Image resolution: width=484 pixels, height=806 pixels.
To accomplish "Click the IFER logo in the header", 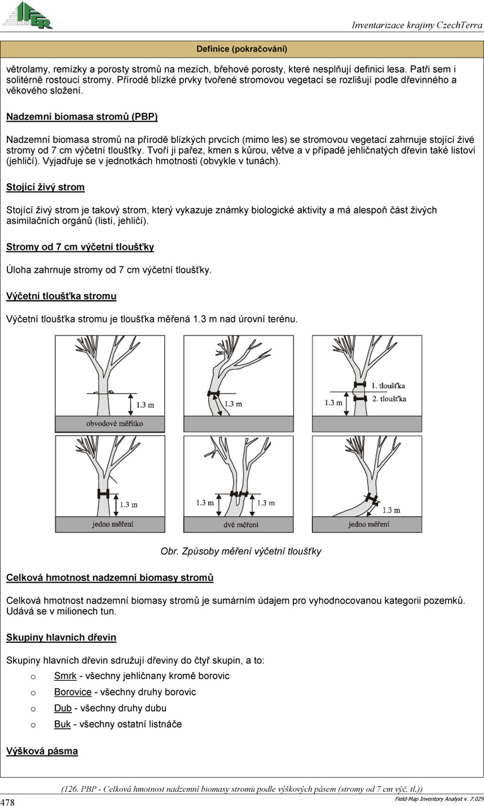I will (x=28, y=15).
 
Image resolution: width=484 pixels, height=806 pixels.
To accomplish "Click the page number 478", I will (x=8, y=801).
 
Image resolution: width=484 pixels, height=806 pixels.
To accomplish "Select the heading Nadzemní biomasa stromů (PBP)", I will (x=82, y=117).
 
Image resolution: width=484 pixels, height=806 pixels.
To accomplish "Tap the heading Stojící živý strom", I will (x=45, y=187).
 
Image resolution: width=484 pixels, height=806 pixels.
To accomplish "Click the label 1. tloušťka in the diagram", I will (x=389, y=385).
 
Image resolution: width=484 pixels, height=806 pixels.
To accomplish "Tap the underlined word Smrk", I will (x=65, y=676).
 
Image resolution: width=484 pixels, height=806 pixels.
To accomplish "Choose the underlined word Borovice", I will (x=72, y=692).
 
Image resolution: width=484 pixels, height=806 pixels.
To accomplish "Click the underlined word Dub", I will (x=63, y=708).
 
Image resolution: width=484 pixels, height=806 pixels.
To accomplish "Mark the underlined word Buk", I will (x=62, y=724).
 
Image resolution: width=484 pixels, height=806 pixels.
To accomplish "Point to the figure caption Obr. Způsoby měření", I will (x=241, y=551).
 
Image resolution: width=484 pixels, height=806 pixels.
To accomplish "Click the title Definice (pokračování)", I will (x=242, y=49).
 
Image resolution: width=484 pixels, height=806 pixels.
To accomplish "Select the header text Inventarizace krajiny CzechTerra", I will (x=417, y=25).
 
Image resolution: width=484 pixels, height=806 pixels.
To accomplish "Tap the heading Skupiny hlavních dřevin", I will (x=61, y=638).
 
